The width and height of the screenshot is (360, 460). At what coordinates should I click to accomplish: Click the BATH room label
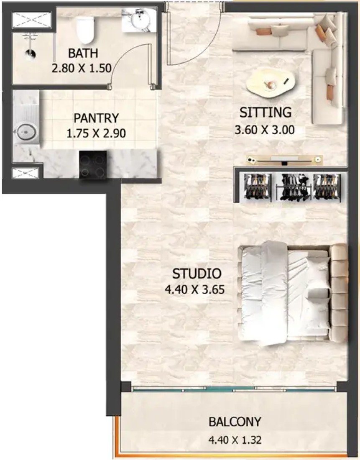tap(83, 54)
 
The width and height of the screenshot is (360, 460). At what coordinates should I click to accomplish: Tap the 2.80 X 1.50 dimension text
tap(82, 68)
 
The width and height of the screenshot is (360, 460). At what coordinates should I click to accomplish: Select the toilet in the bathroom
tap(85, 29)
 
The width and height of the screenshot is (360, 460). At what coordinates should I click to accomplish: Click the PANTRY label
tap(96, 118)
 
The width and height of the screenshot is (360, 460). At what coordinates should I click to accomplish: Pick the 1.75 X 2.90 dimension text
tap(96, 134)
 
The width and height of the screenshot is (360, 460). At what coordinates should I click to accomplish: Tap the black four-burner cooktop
tap(92, 164)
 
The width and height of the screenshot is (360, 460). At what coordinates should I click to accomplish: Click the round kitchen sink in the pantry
tap(26, 133)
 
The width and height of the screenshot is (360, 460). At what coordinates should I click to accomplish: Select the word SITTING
tap(266, 112)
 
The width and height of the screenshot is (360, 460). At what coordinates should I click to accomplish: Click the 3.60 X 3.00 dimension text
tap(265, 129)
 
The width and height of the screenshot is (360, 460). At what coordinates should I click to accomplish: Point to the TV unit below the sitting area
tap(284, 160)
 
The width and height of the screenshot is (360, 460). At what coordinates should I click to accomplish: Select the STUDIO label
tap(197, 274)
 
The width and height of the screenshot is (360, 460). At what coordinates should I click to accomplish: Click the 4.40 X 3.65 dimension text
tap(195, 290)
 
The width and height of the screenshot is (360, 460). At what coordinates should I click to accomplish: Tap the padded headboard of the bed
tap(339, 292)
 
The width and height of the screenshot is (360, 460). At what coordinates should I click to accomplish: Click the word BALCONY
tap(235, 422)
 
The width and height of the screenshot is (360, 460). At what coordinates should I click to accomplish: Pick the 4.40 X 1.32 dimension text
tap(235, 440)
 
